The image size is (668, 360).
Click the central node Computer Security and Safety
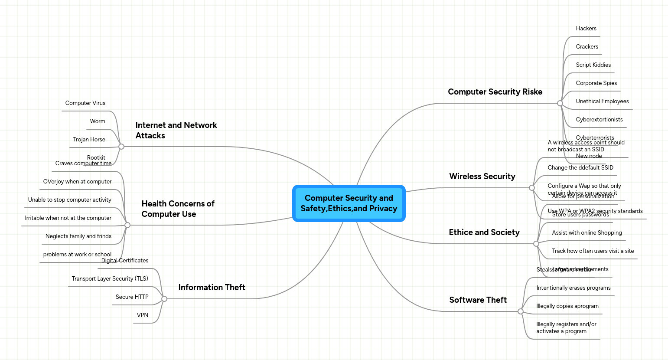[349, 203]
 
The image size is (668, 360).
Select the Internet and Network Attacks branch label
[176, 130]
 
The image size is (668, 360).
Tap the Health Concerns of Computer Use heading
[178, 209]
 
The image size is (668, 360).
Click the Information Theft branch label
[212, 287]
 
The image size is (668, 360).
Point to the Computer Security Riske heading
[495, 92]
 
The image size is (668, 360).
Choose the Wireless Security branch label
[482, 176]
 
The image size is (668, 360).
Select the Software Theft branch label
[478, 300]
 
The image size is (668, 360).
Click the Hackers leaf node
[586, 28]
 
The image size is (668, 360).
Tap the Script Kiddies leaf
[593, 65]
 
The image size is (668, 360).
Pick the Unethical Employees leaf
[602, 101]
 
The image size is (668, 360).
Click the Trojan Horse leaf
[89, 139]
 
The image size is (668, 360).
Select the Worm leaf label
[98, 121]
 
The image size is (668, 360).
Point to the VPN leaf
[143, 315]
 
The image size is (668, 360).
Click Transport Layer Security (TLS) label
[110, 278]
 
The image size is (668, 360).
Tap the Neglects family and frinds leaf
[78, 236]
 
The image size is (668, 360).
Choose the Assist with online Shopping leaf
[587, 232]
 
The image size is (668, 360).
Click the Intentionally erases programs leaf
[573, 288]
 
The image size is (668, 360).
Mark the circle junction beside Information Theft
[164, 299]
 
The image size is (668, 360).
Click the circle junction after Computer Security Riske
[560, 103]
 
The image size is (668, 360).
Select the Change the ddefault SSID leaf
[580, 167]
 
